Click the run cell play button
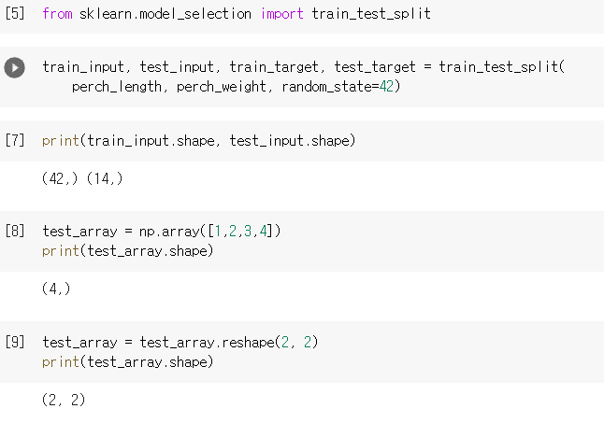(15, 68)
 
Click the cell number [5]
(15, 15)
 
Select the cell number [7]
(15, 141)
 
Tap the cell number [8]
(15, 231)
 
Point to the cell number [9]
(15, 342)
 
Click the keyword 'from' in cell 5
(57, 15)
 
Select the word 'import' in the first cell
(281, 15)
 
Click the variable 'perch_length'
(115, 86)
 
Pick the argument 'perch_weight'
(222, 86)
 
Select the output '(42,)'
(60, 178)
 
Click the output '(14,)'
(104, 178)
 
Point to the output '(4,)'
(56, 289)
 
